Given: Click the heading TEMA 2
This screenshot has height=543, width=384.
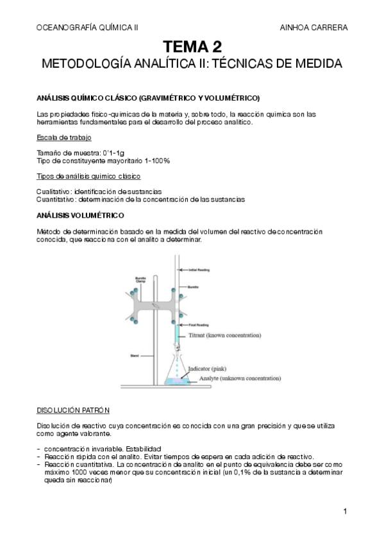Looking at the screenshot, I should tap(192, 47).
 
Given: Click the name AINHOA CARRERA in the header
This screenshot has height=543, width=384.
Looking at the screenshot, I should tap(314, 28).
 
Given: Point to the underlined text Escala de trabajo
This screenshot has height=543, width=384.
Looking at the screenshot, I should tap(63, 138).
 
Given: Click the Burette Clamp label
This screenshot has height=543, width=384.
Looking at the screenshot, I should tap(140, 280).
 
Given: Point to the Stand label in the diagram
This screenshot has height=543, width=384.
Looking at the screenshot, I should tap(134, 353).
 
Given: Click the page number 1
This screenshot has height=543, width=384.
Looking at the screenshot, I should tap(345, 511).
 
